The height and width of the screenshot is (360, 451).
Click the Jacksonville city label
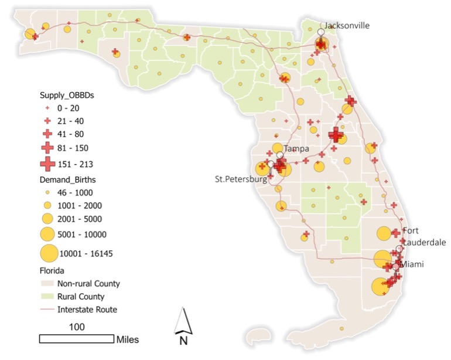coord(347,25)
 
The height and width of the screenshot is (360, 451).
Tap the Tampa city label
coord(296,149)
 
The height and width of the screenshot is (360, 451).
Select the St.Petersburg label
coord(241,179)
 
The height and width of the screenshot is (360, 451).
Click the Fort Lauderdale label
coord(423,236)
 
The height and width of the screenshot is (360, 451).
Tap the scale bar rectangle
coord(77,338)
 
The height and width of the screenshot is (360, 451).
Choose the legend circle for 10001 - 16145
coord(49,254)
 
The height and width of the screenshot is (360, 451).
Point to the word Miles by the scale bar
coord(128,339)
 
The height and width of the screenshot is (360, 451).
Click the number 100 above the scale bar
coord(77,327)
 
